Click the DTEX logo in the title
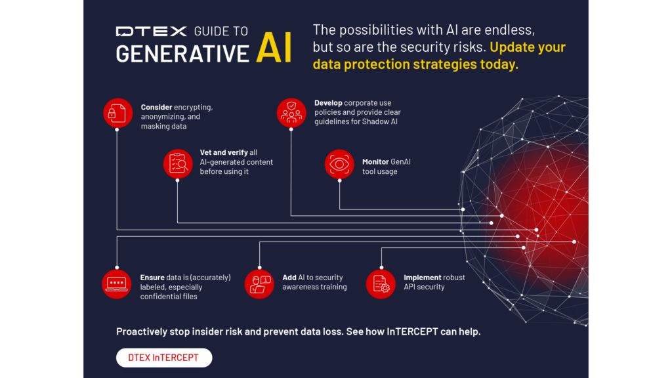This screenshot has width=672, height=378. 152,31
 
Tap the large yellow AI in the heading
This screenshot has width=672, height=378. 274,47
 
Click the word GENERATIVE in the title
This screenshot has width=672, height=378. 182,54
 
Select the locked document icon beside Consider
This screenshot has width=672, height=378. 117,113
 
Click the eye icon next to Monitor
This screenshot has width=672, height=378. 339,164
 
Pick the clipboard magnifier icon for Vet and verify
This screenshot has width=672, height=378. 178,163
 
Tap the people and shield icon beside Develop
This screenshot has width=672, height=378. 291,113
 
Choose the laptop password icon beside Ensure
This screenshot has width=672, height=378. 117,283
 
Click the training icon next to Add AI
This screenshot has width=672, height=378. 259,283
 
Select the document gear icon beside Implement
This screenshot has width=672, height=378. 381,283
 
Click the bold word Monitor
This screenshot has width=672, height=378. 375,161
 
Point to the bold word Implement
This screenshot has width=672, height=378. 422,278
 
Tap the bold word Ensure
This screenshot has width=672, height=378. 152,278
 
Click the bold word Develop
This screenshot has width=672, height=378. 328,103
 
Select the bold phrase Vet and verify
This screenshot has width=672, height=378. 224,152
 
